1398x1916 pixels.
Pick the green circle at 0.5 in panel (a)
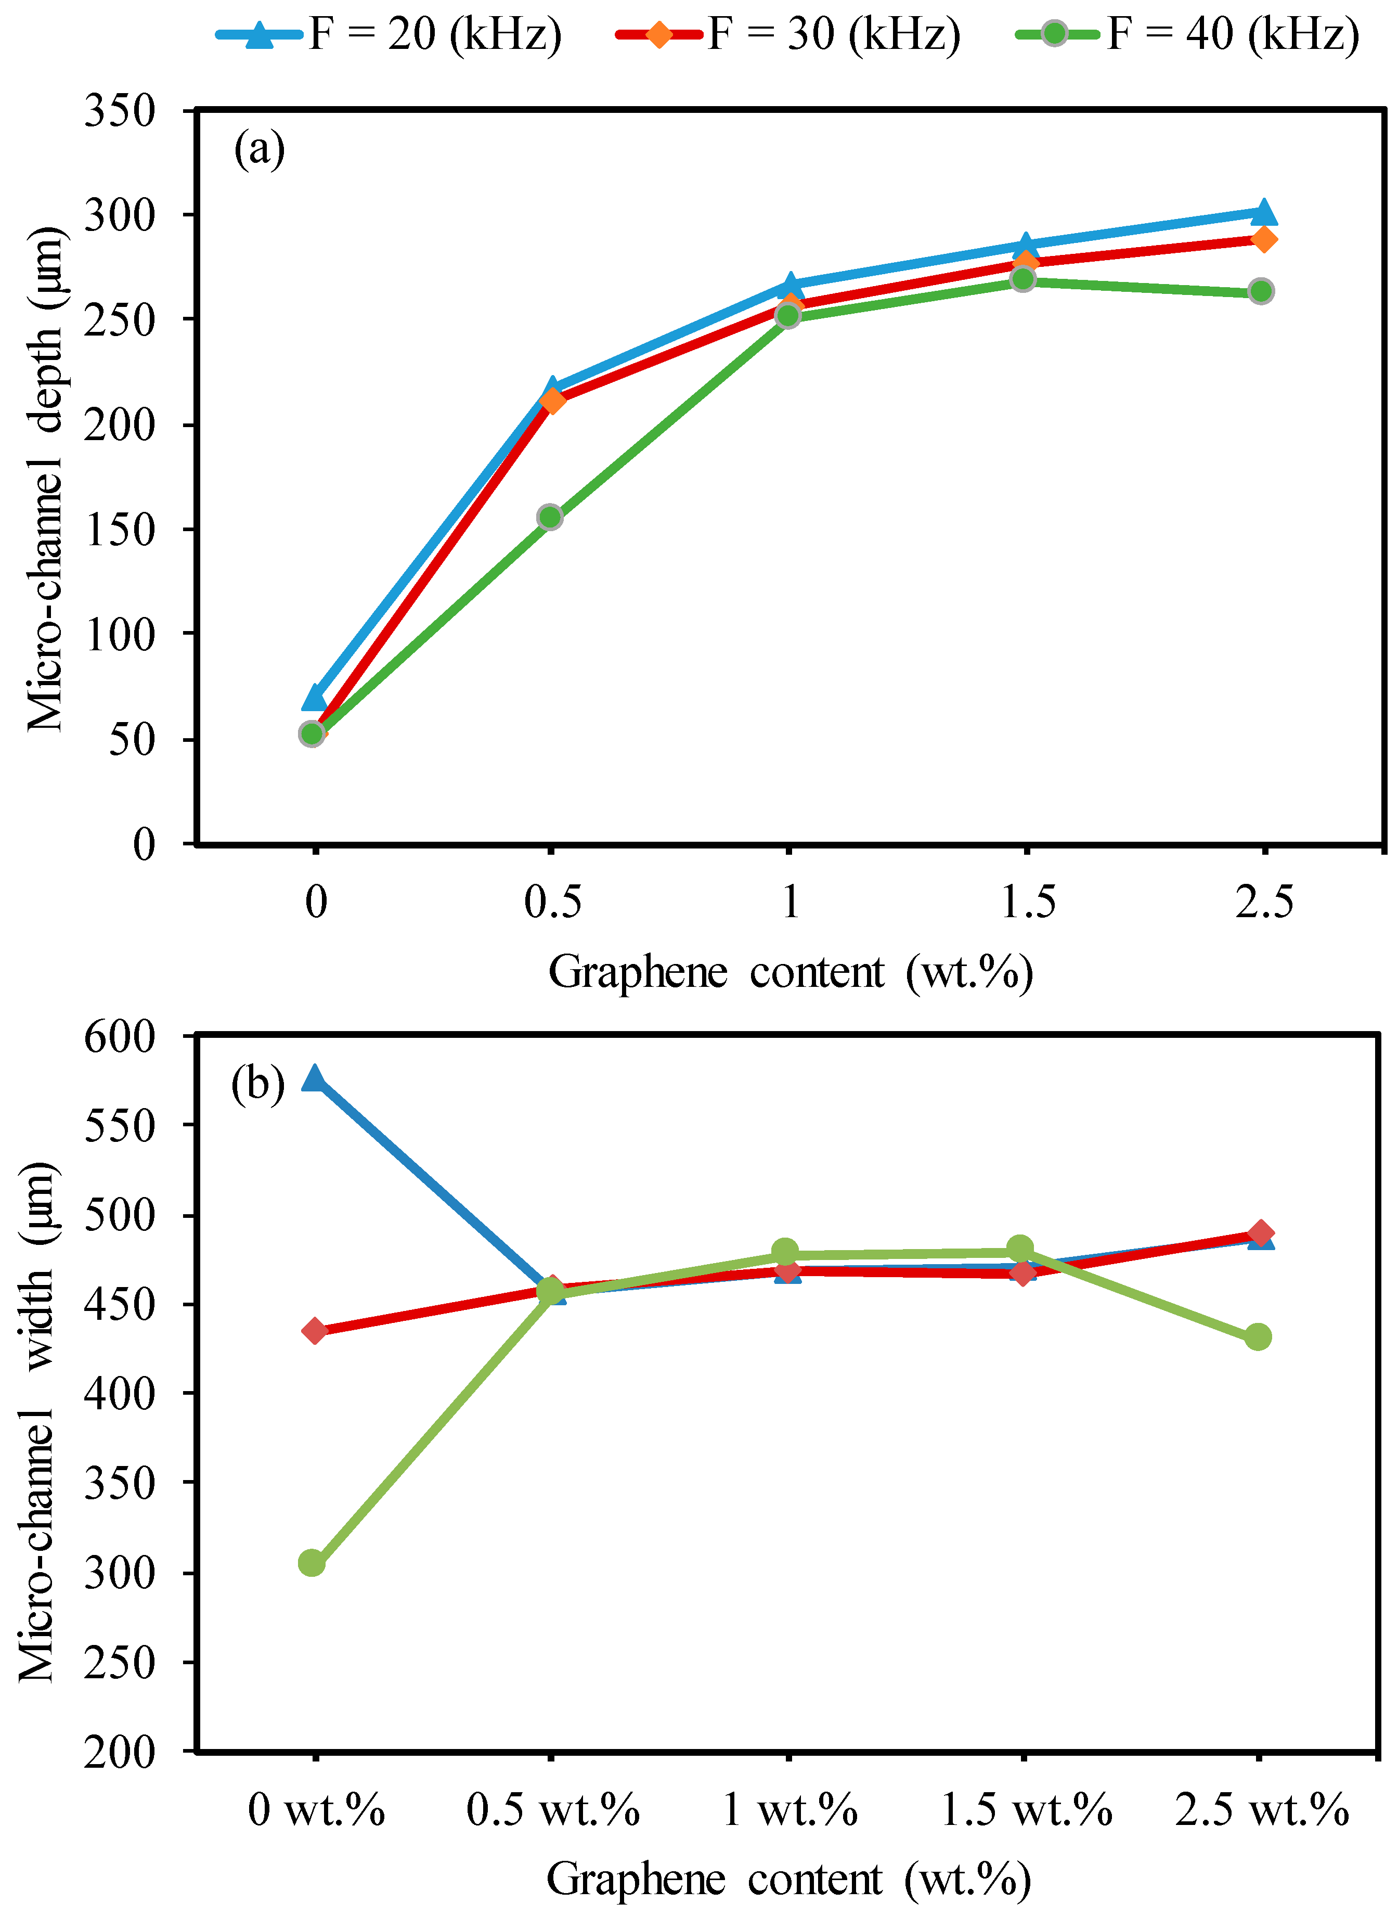(550, 517)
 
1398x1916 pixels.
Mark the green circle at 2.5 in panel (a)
(1261, 291)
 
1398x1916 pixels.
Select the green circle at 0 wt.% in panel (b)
(312, 1564)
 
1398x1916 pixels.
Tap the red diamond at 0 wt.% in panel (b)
(315, 1331)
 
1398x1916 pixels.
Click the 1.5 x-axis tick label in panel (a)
(1027, 902)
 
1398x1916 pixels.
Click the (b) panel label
(257, 1084)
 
